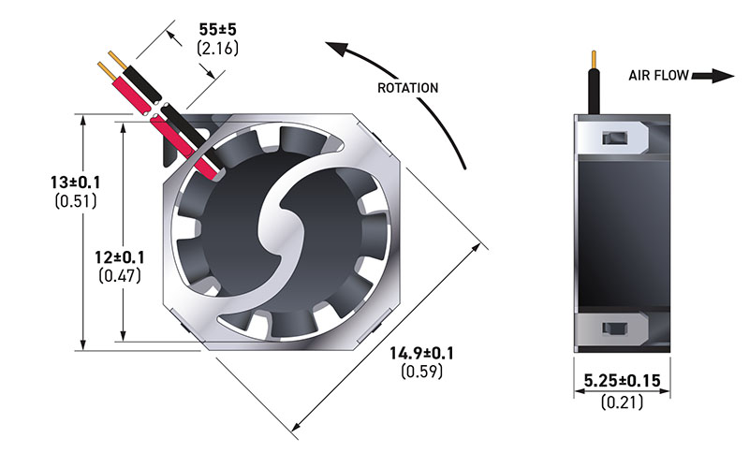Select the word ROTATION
coord(407,88)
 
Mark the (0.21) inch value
coord(622,402)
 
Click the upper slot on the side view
coord(614,139)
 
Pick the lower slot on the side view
coord(614,328)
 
